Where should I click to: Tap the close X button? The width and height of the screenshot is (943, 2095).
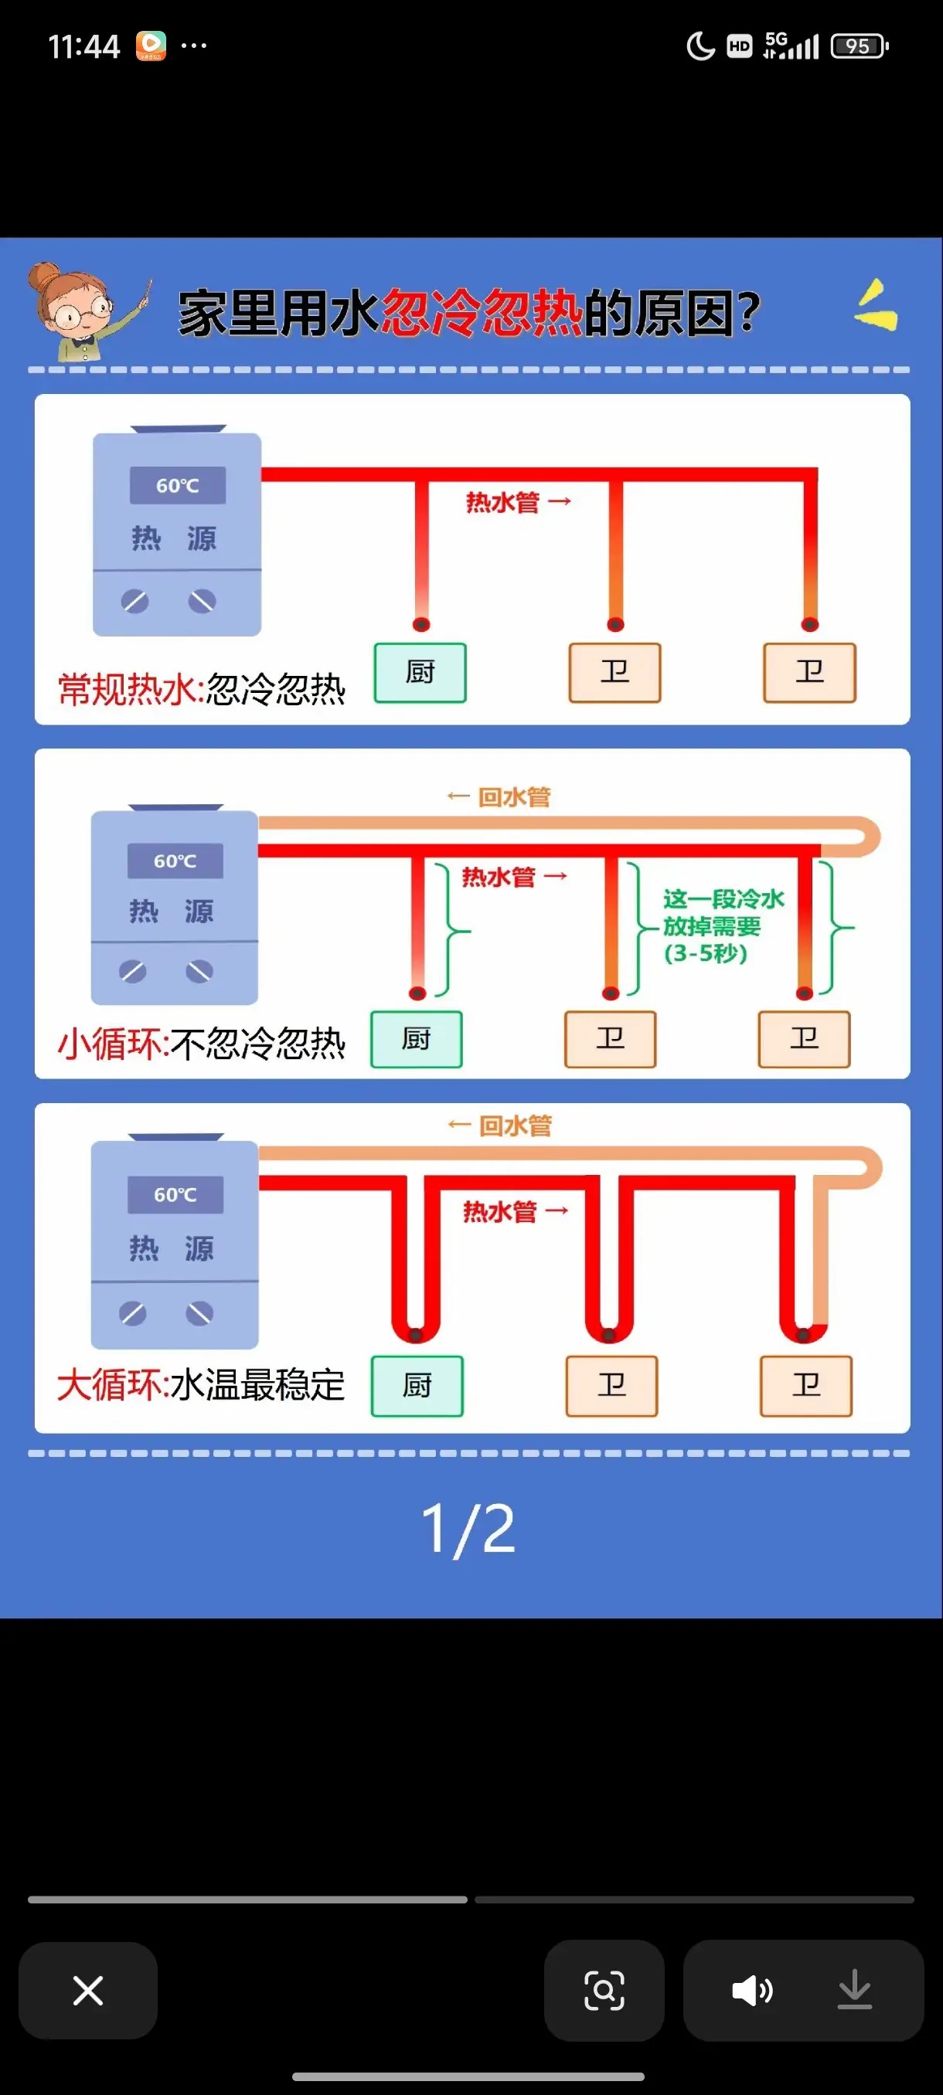point(88,1990)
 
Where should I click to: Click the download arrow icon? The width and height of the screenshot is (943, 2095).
point(854,1990)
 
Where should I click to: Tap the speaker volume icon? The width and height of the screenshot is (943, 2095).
point(752,1990)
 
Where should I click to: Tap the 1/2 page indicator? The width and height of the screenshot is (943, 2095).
point(468,1529)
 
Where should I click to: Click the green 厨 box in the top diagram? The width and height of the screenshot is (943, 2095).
point(420,673)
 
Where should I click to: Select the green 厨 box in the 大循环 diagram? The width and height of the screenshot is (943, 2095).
point(417,1386)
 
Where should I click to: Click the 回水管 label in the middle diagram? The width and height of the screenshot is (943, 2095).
point(512,797)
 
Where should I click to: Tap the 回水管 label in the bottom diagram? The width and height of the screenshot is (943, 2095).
point(514,1126)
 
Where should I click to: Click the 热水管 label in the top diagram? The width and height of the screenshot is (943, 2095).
point(502,503)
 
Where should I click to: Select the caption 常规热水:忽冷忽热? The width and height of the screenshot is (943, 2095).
point(201,690)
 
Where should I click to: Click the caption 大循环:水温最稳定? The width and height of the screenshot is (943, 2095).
point(200,1384)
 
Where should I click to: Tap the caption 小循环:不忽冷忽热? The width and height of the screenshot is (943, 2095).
point(201,1044)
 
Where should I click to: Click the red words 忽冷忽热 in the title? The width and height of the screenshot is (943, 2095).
point(481,313)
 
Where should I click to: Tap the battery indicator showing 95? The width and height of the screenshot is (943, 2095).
point(859,46)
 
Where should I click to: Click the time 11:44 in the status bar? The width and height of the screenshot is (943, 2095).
point(83,46)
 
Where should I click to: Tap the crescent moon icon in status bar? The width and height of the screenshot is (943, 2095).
point(700,46)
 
